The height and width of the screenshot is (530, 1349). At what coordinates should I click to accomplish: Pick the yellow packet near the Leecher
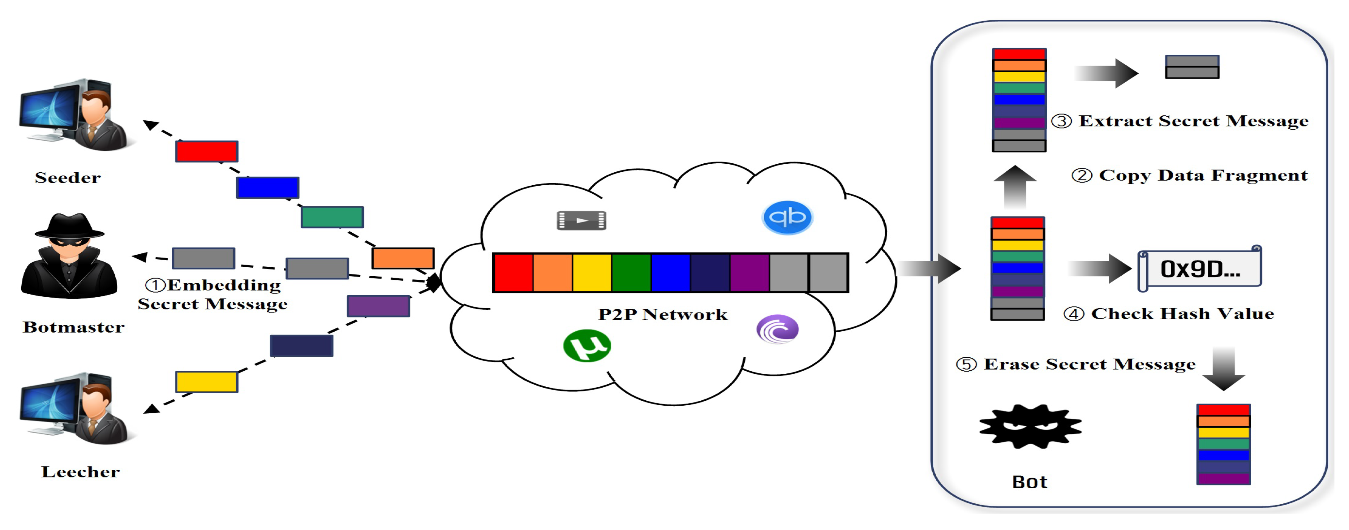(x=206, y=382)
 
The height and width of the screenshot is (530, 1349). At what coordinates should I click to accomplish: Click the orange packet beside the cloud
(x=403, y=258)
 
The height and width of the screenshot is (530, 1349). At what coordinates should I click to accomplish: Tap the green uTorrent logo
(x=586, y=346)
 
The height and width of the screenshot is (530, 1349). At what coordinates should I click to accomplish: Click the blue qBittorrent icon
(x=787, y=217)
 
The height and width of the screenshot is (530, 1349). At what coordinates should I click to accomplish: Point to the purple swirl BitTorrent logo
(x=778, y=329)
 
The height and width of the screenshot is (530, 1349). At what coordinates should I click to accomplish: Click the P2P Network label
(x=663, y=314)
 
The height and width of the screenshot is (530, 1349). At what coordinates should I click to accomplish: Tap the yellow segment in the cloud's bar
(x=592, y=272)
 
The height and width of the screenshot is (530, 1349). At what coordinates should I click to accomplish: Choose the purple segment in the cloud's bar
(x=750, y=272)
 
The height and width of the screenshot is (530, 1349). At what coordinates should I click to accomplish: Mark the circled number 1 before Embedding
(x=155, y=286)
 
